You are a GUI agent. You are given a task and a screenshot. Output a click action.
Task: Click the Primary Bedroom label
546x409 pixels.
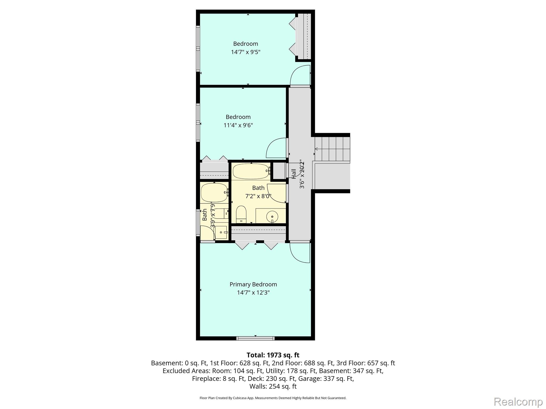253,284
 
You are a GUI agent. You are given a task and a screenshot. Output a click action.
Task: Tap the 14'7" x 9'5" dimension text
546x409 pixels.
246,52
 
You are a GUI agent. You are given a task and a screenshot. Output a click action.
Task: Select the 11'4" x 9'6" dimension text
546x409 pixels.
238,125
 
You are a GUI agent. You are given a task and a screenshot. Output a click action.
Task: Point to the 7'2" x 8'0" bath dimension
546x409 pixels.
258,196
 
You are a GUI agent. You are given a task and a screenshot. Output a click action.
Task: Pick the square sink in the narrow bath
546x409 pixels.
221,232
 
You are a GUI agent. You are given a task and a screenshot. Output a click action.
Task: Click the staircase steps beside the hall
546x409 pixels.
332,149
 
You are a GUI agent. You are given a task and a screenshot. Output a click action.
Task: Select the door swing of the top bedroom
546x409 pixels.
300,76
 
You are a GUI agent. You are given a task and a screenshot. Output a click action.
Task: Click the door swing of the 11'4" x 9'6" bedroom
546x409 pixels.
276,148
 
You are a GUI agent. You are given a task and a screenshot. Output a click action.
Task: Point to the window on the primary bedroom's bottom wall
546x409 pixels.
255,338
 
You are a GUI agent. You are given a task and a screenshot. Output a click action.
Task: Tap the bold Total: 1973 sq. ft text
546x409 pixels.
273,355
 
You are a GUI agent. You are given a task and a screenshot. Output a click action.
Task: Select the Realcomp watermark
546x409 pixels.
518,402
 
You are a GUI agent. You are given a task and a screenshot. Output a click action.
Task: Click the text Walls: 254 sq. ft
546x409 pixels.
273,386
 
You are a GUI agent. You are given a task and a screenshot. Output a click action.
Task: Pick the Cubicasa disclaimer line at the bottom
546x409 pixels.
273,398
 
